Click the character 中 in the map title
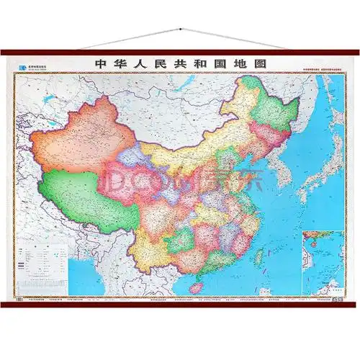pos(100,64)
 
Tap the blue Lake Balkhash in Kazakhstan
pos(43,101)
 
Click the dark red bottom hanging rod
pos(180,304)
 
